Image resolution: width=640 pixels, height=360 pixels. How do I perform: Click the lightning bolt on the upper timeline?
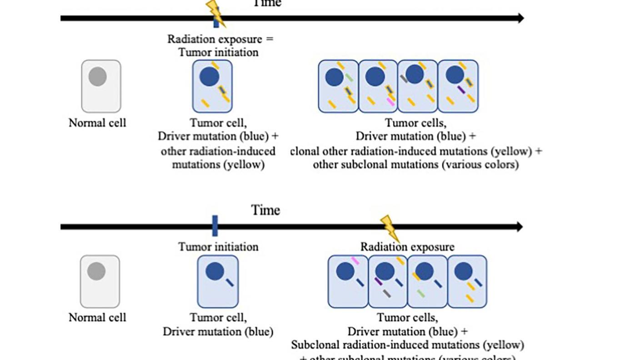click(215, 12)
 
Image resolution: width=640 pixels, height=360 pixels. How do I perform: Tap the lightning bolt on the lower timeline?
click(389, 227)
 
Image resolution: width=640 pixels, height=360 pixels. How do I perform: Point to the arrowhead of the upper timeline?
click(520, 18)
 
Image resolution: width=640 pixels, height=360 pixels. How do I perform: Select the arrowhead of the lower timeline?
click(519, 226)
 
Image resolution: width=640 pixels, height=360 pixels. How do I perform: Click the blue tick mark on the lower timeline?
click(215, 226)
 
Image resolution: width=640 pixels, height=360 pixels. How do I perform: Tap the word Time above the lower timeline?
click(265, 210)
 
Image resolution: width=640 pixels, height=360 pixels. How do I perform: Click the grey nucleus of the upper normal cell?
click(98, 76)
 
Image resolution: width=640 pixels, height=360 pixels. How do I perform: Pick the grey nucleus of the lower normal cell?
click(97, 271)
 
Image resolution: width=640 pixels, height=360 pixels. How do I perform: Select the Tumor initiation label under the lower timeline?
click(218, 247)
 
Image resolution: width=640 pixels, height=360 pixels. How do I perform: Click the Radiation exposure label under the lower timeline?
click(407, 247)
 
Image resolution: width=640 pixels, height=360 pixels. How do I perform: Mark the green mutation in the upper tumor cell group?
click(349, 78)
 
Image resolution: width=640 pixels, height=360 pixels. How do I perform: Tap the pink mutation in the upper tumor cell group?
click(390, 101)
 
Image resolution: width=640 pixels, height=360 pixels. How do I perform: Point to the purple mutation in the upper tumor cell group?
click(461, 90)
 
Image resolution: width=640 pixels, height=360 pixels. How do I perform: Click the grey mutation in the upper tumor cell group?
click(404, 79)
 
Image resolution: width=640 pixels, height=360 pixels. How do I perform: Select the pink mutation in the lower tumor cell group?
click(355, 260)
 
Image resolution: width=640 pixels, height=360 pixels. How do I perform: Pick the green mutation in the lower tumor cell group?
click(421, 294)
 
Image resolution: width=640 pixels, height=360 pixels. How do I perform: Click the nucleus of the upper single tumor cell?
click(209, 76)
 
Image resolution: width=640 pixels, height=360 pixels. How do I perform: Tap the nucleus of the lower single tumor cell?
click(215, 271)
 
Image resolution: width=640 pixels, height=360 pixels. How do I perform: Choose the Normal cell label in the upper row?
click(97, 123)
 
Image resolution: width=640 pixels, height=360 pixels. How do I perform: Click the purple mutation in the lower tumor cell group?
click(378, 281)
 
